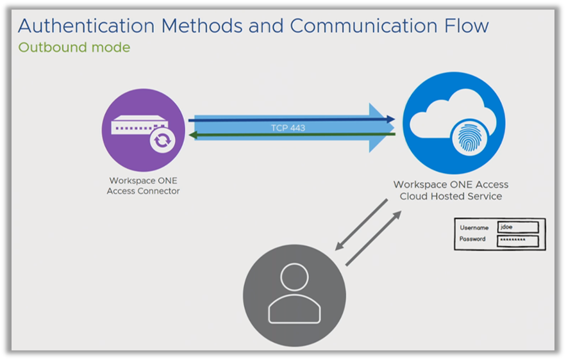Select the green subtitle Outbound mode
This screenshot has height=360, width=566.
[74, 47]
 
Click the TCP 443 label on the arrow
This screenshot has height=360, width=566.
[287, 128]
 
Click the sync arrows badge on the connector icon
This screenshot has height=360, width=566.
[160, 140]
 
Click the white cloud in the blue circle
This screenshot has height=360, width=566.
[445, 115]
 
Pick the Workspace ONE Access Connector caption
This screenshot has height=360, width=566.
[143, 186]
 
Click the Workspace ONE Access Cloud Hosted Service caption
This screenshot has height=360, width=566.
[451, 190]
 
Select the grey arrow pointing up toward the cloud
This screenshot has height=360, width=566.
[374, 238]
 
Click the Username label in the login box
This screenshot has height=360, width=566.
[474, 227]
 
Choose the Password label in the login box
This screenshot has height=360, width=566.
[473, 240]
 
